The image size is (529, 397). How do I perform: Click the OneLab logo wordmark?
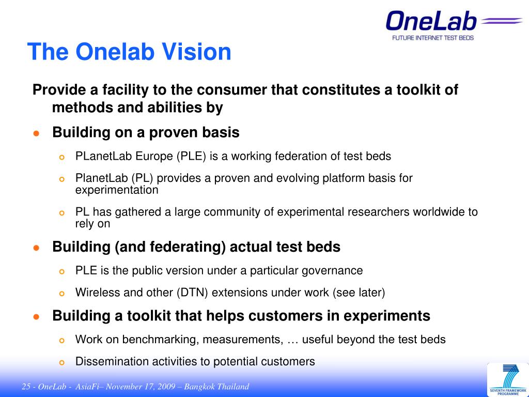tap(431, 22)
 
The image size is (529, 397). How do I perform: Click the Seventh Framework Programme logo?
tap(508, 380)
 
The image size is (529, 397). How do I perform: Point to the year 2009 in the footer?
tap(165, 387)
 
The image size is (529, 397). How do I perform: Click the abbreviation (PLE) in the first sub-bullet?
tap(191, 156)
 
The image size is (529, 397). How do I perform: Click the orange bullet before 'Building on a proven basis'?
tap(37, 133)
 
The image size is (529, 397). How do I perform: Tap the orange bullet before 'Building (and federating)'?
tap(37, 248)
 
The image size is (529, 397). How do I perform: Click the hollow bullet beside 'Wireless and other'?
tap(61, 294)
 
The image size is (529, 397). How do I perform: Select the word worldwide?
tap(438, 211)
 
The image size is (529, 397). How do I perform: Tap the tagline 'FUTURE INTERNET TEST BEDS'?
tap(433, 38)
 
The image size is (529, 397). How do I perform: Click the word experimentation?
tap(117, 190)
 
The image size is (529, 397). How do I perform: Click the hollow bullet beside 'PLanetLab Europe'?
tap(61, 157)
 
